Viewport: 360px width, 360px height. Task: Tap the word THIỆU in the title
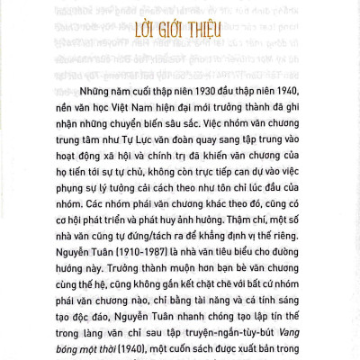[222, 22]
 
